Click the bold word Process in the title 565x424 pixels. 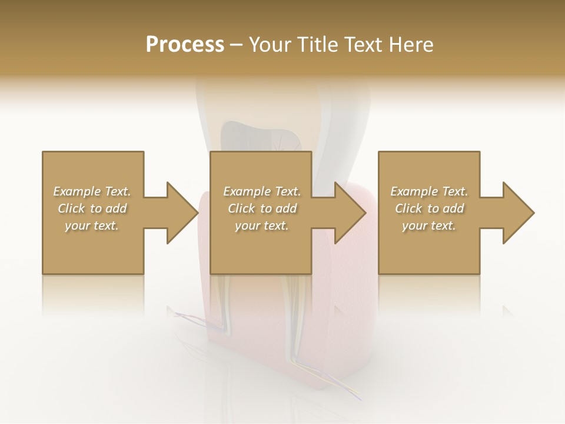pyautogui.click(x=185, y=44)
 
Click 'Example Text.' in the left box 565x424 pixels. pyautogui.click(x=92, y=191)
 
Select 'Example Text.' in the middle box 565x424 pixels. pyautogui.click(x=262, y=191)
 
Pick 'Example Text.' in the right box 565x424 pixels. pyautogui.click(x=429, y=191)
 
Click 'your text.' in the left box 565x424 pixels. pyautogui.click(x=92, y=226)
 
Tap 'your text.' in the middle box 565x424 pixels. pyautogui.click(x=262, y=226)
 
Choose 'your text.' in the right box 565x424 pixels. pyautogui.click(x=429, y=226)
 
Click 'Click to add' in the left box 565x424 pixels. pyautogui.click(x=92, y=208)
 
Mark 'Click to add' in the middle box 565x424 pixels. pyautogui.click(x=262, y=208)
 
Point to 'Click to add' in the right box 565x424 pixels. pyautogui.click(x=429, y=208)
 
